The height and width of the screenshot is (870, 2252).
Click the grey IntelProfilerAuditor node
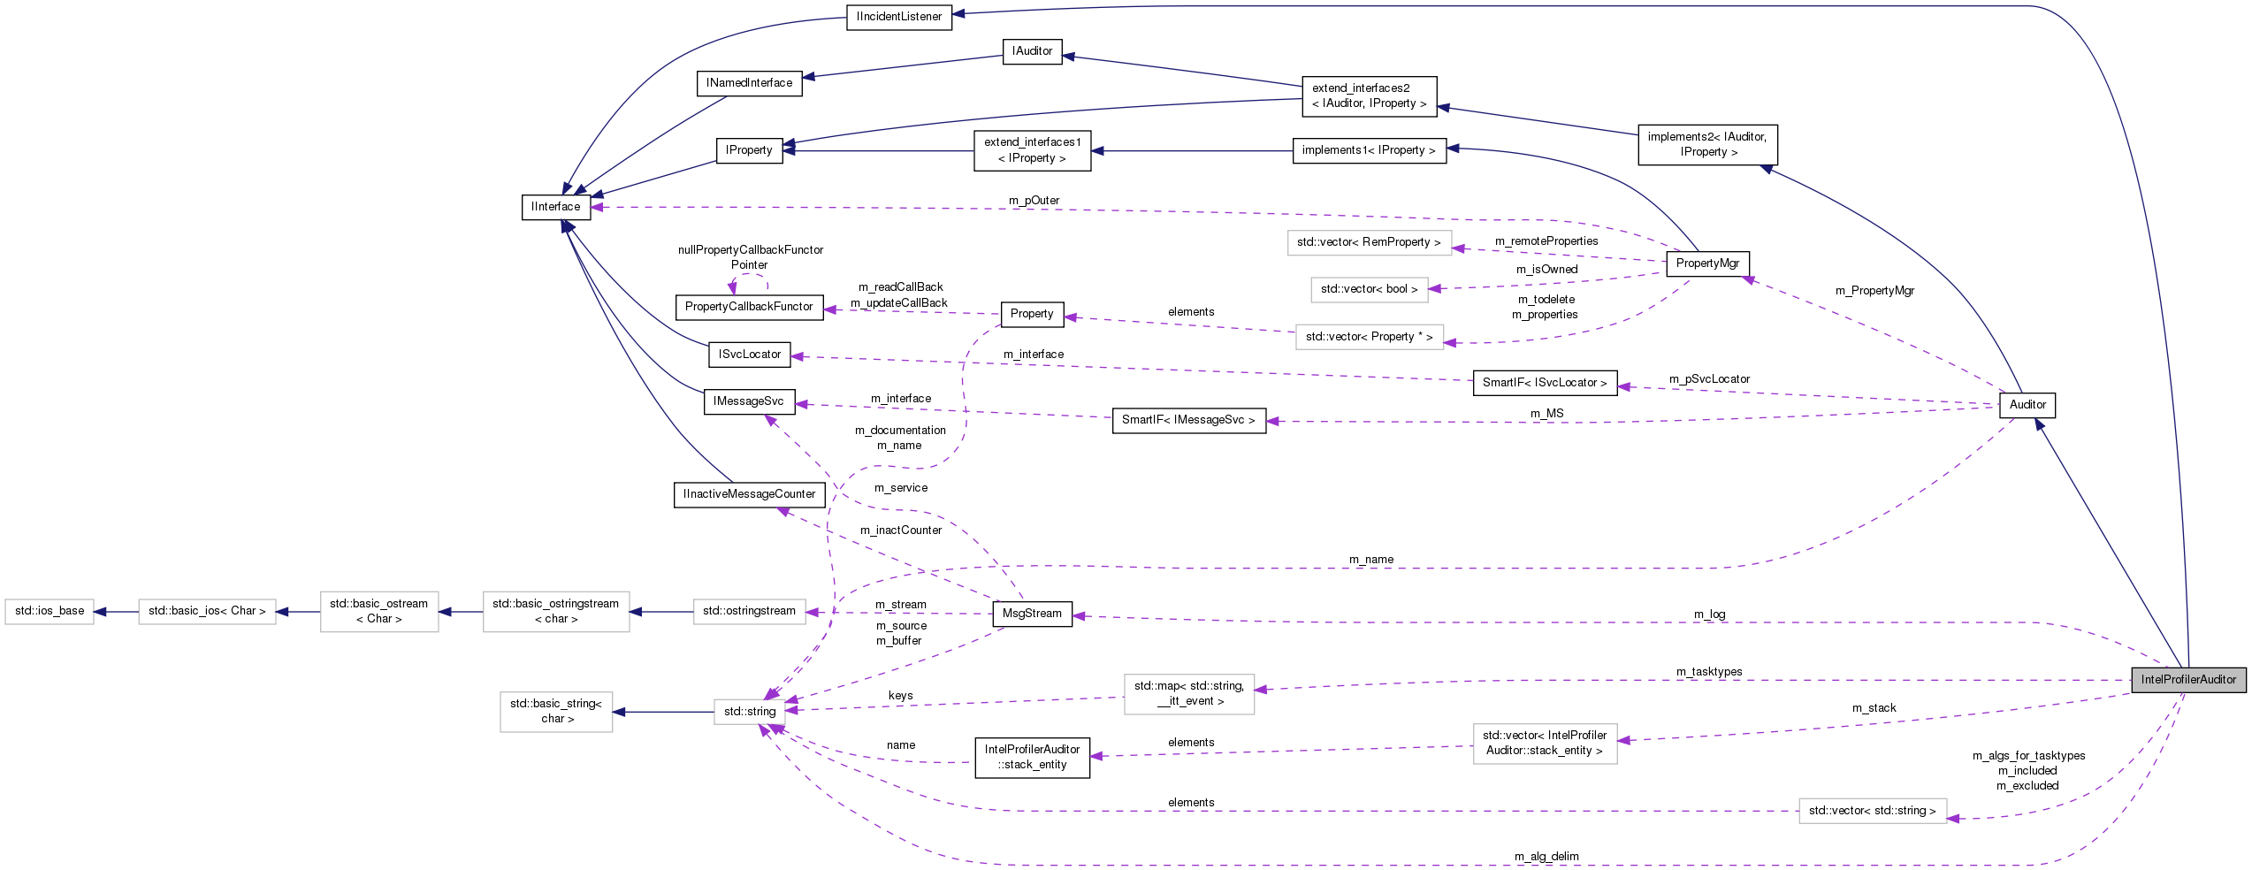pos(2187,679)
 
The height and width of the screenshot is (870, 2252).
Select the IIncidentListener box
pos(898,17)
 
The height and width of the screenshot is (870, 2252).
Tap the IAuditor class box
pos(1032,51)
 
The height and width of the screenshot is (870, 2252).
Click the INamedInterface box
pos(749,83)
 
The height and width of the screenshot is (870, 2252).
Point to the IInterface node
pos(555,207)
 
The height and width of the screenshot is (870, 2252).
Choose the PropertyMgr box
pos(1706,263)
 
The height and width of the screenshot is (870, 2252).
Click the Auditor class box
pos(2027,405)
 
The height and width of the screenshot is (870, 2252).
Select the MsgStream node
pos(1032,614)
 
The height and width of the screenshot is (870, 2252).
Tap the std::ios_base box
pos(50,611)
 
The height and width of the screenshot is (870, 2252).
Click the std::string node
pos(749,711)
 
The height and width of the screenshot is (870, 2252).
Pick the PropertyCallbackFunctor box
pos(748,307)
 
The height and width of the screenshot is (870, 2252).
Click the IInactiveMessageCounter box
pos(748,494)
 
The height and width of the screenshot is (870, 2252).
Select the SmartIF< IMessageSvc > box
pos(1187,420)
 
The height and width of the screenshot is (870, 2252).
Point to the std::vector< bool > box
pos(1368,289)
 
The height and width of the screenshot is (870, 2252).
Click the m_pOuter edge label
pos(1034,201)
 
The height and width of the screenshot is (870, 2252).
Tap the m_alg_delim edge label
pos(1546,856)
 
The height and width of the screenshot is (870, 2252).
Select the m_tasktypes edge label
pos(1708,672)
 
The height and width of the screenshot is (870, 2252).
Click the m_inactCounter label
pos(900,530)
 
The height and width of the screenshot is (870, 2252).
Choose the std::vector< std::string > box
pos(1872,811)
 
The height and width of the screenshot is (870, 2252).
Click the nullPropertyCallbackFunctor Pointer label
pos(750,257)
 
